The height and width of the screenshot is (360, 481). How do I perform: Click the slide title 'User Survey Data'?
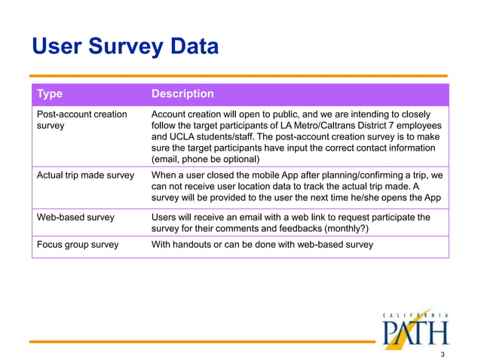[124, 47]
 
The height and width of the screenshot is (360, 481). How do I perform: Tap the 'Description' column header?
[182, 94]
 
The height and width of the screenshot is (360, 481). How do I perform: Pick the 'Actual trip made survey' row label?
[85, 175]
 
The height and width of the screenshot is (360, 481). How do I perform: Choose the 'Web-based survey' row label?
[75, 218]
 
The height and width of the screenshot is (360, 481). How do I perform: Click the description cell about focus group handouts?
[262, 245]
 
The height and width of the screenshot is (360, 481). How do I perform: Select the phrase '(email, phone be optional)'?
[205, 160]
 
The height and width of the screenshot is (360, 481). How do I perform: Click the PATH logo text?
[414, 331]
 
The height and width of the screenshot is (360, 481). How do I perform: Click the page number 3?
[443, 352]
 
